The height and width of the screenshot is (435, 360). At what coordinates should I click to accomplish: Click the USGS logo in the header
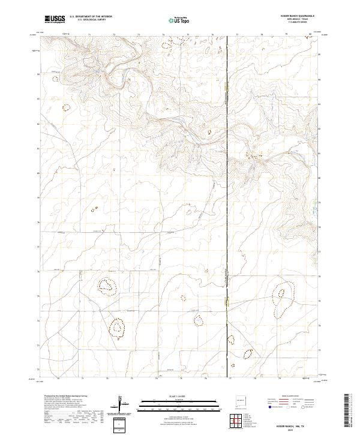(55, 19)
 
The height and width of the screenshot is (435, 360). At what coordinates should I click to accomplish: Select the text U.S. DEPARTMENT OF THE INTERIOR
(91, 17)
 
